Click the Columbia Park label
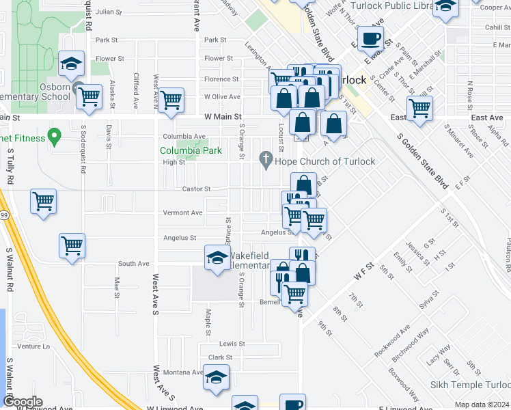(182, 150)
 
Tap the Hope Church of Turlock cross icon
(266, 161)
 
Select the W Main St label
(223, 117)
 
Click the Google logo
(23, 402)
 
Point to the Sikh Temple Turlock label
(470, 385)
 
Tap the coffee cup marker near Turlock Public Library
(370, 39)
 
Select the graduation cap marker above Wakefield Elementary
(217, 258)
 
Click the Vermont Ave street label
(182, 213)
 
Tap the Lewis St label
(232, 344)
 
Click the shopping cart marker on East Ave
(419, 107)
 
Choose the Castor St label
(195, 189)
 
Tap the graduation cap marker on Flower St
(71, 63)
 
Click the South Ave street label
(134, 263)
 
